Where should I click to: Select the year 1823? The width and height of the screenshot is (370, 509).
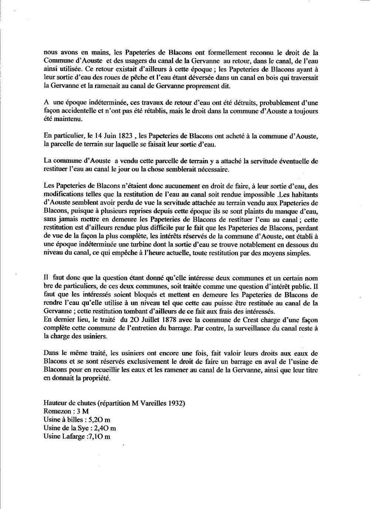tap(124, 137)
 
